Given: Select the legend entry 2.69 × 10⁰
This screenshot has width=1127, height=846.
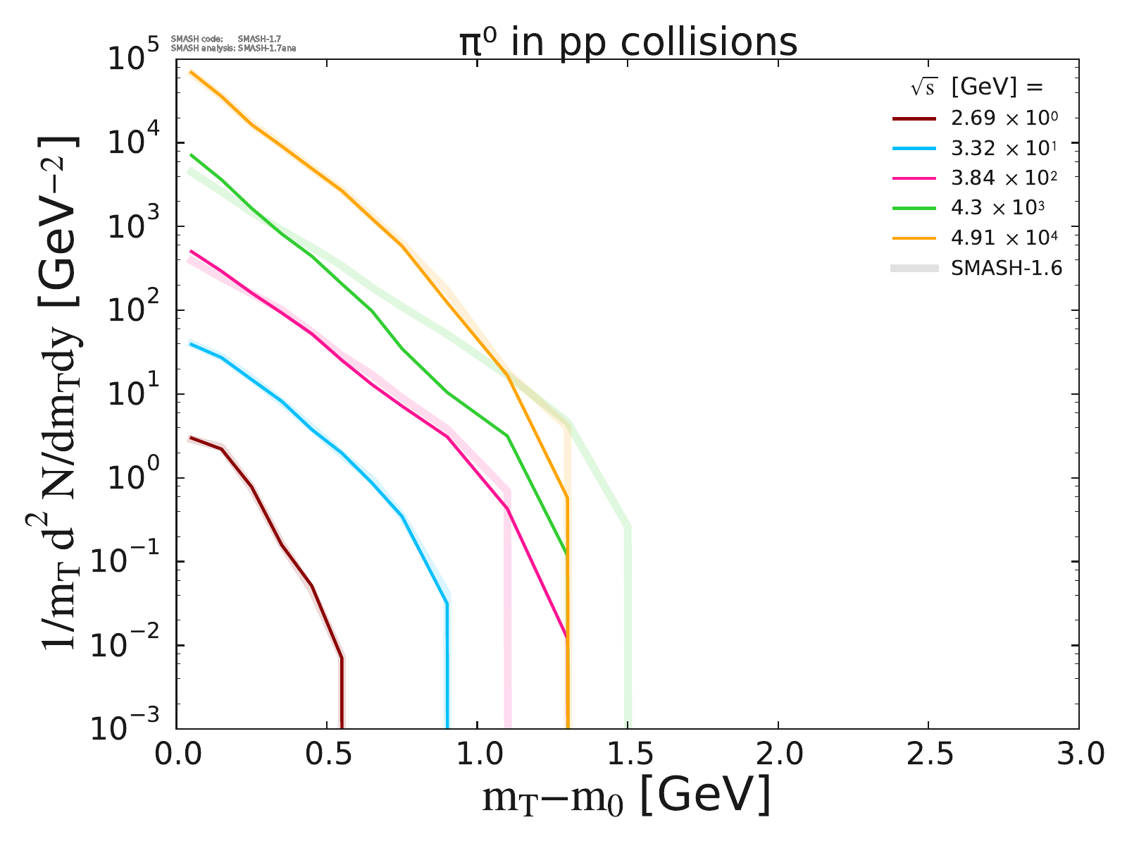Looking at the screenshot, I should pyautogui.click(x=1004, y=118).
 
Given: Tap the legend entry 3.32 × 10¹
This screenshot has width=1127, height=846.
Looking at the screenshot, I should pyautogui.click(x=1004, y=148).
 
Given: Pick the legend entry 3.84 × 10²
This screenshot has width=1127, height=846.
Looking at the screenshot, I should pyautogui.click(x=1004, y=178).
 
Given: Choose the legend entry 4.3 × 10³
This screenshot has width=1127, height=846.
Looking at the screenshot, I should pyautogui.click(x=997, y=208).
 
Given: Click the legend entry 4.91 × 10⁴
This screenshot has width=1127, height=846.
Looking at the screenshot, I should pyautogui.click(x=1004, y=238).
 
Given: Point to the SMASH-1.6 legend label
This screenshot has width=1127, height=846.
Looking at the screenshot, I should pyautogui.click(x=1006, y=268).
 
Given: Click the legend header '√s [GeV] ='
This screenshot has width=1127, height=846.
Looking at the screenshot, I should pyautogui.click(x=975, y=87).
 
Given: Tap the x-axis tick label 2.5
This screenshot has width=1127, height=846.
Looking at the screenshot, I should pyautogui.click(x=928, y=754).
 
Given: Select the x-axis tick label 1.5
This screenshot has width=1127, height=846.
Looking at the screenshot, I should pyautogui.click(x=628, y=754).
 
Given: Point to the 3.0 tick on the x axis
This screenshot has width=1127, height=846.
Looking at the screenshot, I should pyautogui.click(x=1078, y=754).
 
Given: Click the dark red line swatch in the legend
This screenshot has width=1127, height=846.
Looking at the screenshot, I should pyautogui.click(x=914, y=118).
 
